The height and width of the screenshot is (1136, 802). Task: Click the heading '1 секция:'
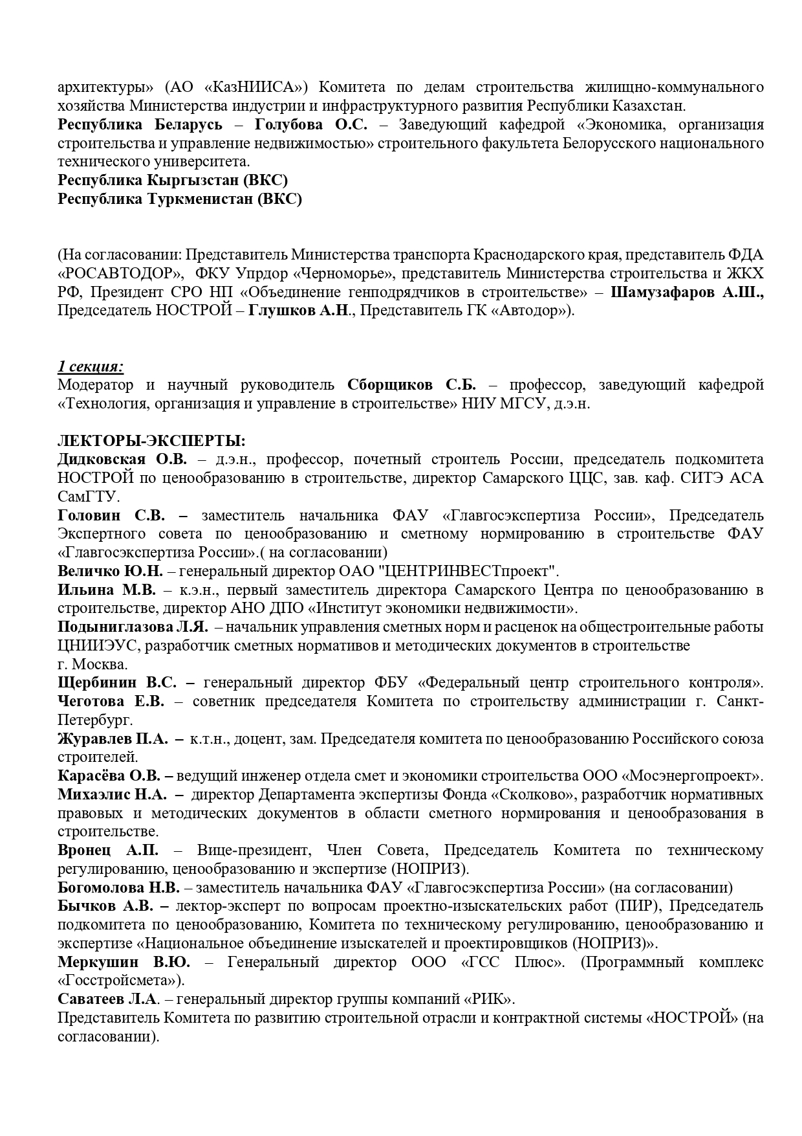[x=91, y=366]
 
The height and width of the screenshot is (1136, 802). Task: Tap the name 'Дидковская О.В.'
[x=122, y=460]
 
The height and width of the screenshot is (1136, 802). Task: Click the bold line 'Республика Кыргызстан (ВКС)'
[x=173, y=180]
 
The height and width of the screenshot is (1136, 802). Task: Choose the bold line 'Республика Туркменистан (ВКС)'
[x=180, y=199]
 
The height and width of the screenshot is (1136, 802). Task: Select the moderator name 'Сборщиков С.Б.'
[x=411, y=385]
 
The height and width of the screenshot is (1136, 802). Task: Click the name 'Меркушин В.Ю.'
[x=124, y=962]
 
